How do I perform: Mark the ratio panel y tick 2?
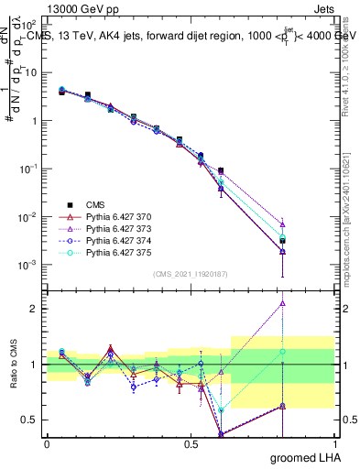click(36, 309)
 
